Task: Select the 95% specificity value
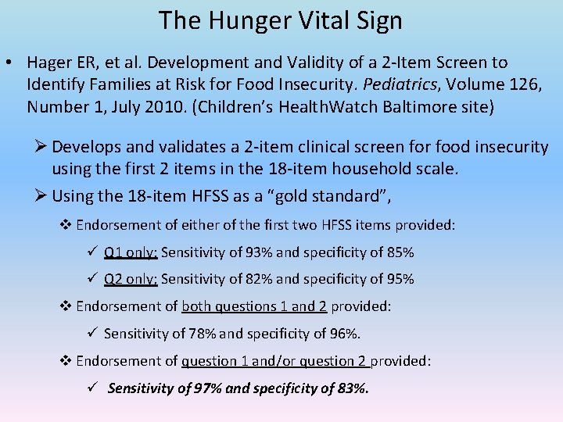400,279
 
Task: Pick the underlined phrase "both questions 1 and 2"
254,306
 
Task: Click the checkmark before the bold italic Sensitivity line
91,388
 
